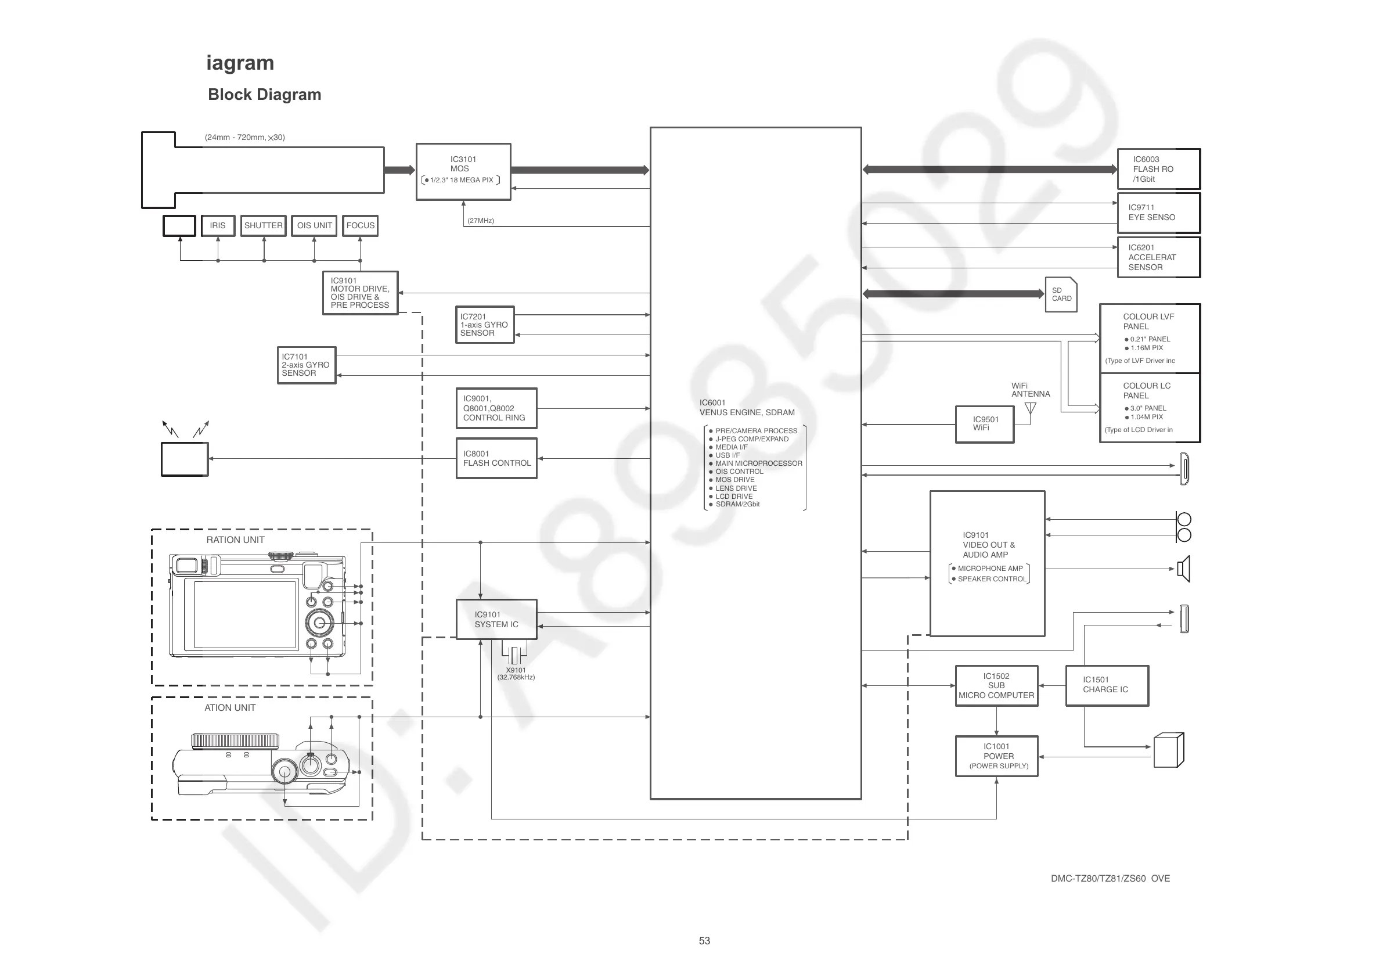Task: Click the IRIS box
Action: (x=218, y=226)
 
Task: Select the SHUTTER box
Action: (x=263, y=226)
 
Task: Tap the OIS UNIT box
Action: (x=314, y=226)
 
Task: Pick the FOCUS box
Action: (x=360, y=226)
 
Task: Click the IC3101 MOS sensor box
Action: (x=463, y=171)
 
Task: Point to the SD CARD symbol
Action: (x=1061, y=294)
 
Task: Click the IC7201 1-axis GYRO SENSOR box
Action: (x=484, y=325)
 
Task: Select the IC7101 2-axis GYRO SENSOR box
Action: (x=306, y=365)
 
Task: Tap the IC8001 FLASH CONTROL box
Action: (x=496, y=459)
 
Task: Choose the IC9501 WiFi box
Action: (x=984, y=424)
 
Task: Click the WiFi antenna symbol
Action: (x=1031, y=409)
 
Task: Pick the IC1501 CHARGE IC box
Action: (x=1107, y=685)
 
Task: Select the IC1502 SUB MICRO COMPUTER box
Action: (x=996, y=686)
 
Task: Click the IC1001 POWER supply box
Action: (x=996, y=756)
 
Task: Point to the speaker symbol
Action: (x=1184, y=569)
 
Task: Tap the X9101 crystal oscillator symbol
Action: (x=514, y=655)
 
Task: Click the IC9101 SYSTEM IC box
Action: (x=496, y=620)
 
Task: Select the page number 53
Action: (x=704, y=941)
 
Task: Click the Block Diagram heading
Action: (x=264, y=95)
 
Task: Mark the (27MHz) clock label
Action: (x=481, y=221)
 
